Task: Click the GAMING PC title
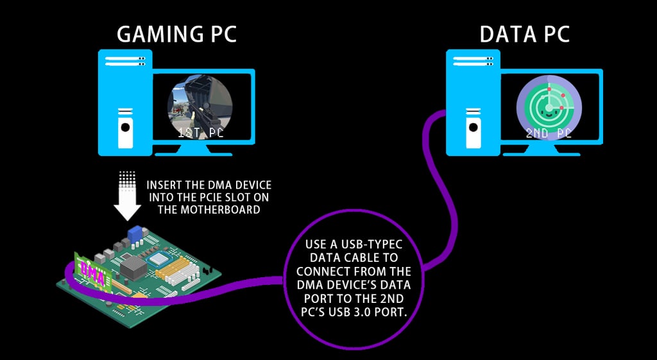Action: (x=176, y=35)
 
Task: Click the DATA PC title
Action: (x=525, y=35)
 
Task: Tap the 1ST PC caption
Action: (x=200, y=133)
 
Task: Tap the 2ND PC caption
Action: (x=549, y=133)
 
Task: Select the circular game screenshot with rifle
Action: (x=200, y=107)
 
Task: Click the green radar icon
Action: (x=549, y=107)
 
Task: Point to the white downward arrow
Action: (x=128, y=196)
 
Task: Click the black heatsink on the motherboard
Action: (x=133, y=267)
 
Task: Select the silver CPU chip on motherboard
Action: (x=158, y=259)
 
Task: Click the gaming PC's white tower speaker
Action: (x=125, y=128)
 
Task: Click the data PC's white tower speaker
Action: (x=474, y=128)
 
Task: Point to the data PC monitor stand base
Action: (x=542, y=151)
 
